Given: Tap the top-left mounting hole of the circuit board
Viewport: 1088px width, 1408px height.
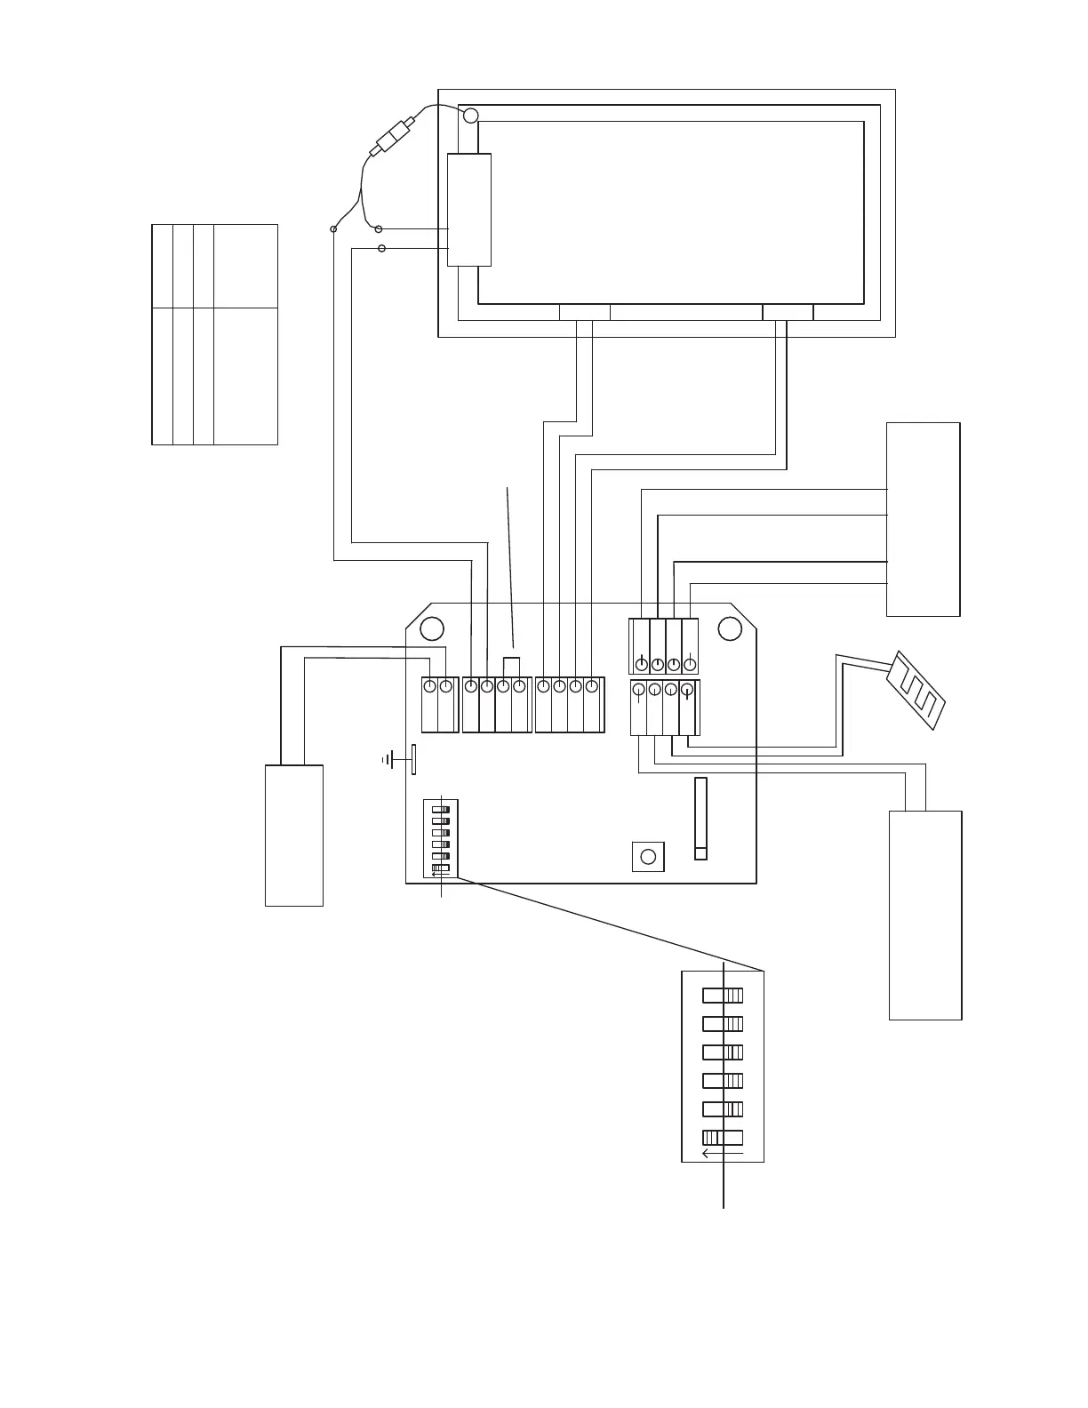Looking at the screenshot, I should (x=432, y=628).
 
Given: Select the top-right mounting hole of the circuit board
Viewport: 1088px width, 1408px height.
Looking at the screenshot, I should (x=730, y=628).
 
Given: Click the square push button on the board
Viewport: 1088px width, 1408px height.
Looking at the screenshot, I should (x=648, y=856).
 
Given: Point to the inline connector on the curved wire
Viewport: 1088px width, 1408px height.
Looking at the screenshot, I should (x=393, y=138).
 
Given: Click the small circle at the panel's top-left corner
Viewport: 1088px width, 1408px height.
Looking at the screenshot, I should (x=470, y=115).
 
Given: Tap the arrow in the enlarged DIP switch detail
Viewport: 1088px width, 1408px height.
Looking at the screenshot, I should (x=721, y=1154).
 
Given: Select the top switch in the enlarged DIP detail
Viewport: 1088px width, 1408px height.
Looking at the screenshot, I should (x=723, y=996).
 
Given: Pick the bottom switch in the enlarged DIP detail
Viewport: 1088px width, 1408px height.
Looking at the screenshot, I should (x=723, y=1137).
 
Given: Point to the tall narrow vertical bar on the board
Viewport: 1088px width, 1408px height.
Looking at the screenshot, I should (x=700, y=819).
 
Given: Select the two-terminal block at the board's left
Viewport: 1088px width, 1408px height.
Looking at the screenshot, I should (x=438, y=704).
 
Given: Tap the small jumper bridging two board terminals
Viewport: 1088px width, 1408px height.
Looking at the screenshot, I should (x=511, y=666).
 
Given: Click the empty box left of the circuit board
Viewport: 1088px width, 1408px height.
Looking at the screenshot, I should (x=293, y=835).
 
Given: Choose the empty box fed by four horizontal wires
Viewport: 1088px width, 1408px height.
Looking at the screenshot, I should (x=923, y=519).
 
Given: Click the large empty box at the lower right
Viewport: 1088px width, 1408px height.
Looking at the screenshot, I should (x=925, y=915).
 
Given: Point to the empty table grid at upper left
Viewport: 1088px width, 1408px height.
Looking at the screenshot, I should (x=214, y=334).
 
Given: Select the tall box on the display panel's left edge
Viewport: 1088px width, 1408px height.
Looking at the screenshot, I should (x=468, y=209).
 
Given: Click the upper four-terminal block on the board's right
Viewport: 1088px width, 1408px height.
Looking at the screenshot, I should (x=663, y=646).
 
